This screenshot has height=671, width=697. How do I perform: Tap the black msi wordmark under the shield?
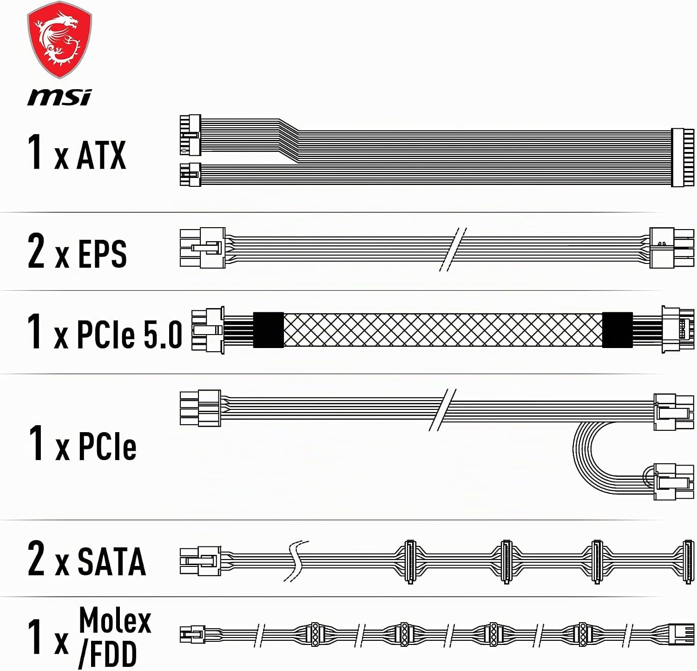59,97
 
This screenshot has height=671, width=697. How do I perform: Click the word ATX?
101,155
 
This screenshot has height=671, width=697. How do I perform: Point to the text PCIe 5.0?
130,334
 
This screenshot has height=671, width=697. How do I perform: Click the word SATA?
112,561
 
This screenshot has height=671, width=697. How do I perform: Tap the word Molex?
115,620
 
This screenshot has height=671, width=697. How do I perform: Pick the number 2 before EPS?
36,251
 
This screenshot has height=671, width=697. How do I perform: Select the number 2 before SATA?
36,559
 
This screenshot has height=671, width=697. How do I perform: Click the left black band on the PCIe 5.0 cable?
268,330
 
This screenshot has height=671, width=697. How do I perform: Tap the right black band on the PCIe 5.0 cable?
617,330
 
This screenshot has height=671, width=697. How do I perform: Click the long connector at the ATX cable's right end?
683,158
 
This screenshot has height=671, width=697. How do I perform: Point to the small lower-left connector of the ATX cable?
190,175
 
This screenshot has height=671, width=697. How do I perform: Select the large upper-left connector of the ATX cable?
190,135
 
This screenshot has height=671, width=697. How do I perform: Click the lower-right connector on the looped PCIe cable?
671,481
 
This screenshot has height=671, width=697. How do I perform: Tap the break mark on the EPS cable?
453,250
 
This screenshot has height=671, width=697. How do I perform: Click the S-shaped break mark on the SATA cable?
296,561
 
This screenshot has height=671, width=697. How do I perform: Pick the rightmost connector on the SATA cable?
689,561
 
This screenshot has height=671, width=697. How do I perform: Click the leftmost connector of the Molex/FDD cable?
192,634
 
